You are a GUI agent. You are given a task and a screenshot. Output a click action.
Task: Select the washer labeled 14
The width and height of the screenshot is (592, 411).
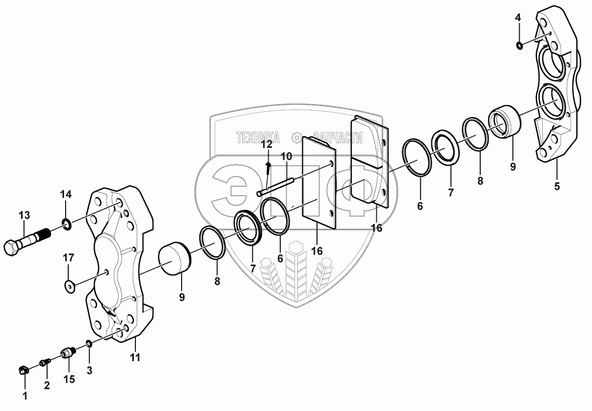click(x=67, y=225)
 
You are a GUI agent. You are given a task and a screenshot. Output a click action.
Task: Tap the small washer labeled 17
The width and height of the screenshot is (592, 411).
click(x=69, y=286)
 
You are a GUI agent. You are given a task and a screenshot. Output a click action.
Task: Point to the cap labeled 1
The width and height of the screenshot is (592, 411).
click(x=23, y=371)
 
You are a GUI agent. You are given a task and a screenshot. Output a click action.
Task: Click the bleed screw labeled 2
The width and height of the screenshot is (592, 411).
click(x=46, y=362)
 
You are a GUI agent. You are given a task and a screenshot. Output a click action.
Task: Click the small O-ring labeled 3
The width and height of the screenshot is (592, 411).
click(x=89, y=344)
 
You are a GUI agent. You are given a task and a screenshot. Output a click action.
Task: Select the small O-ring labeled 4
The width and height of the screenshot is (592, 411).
click(x=519, y=45)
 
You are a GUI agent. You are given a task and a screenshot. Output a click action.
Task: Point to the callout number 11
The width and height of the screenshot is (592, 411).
click(x=135, y=358)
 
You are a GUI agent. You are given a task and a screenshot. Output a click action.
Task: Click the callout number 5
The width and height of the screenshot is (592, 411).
click(x=557, y=186)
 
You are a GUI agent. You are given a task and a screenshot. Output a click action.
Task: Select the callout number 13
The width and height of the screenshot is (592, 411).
click(x=24, y=215)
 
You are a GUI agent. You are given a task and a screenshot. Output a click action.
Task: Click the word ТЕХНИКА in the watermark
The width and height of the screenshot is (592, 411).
click(x=258, y=137)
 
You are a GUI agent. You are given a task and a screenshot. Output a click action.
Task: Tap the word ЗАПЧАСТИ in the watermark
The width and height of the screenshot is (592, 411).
click(x=338, y=137)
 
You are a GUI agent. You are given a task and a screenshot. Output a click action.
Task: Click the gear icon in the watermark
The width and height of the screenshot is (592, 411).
click(x=297, y=137)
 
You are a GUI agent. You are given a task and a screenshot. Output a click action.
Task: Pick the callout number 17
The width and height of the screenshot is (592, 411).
click(x=69, y=257)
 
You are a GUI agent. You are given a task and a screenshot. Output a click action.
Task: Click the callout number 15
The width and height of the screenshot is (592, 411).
click(x=69, y=379)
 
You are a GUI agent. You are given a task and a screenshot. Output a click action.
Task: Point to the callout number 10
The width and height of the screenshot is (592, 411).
click(x=286, y=156)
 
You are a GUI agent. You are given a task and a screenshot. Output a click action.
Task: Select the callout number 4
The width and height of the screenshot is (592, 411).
click(x=517, y=17)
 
